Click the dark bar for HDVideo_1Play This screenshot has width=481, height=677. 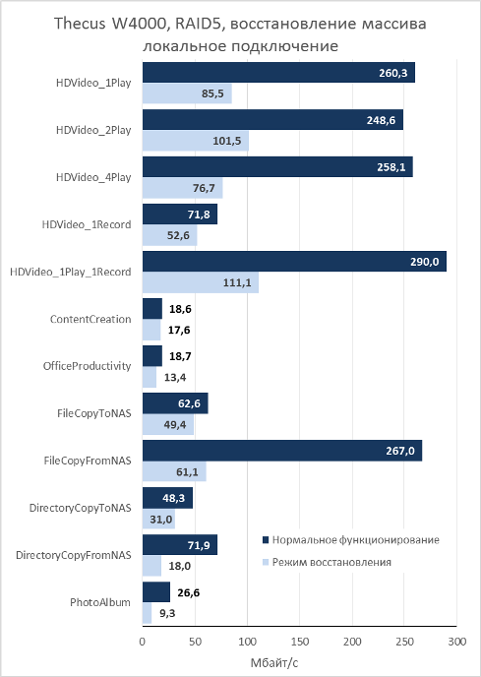point(278,73)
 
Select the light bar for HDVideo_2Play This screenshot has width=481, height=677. point(196,141)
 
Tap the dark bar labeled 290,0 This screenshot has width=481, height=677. point(294,262)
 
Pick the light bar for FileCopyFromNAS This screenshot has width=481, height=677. point(174,471)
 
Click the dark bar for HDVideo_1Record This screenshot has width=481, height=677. point(180,215)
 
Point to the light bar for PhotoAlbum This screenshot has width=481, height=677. point(148,613)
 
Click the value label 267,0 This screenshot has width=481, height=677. point(400,451)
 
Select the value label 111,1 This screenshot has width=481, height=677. point(237,283)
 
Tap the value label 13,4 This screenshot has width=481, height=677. point(175,377)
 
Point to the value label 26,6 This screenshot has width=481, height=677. point(189,592)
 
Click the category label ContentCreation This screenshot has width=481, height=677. point(90,319)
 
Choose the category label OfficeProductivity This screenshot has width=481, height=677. point(87,366)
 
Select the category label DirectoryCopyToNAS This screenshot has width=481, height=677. point(80,508)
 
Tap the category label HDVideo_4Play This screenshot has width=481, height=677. point(93,177)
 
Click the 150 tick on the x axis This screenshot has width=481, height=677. point(300,642)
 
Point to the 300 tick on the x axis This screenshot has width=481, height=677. point(457,642)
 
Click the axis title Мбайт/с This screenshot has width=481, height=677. point(274,662)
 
